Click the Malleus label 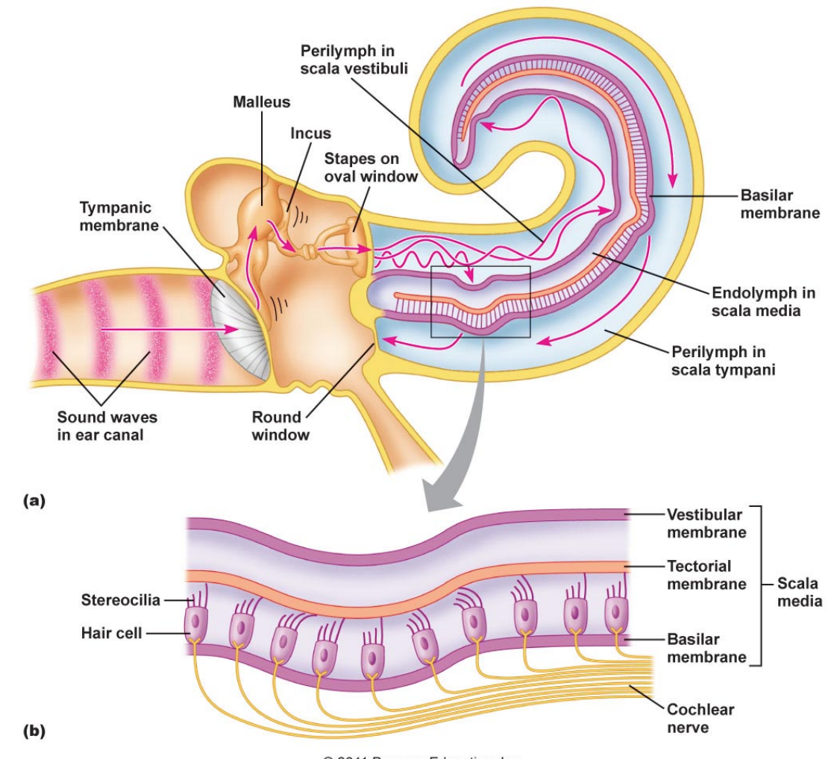(261, 102)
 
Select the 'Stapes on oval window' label (371, 168)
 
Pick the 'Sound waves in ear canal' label (107, 426)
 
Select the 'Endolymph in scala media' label (763, 302)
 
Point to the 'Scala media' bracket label (797, 592)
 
